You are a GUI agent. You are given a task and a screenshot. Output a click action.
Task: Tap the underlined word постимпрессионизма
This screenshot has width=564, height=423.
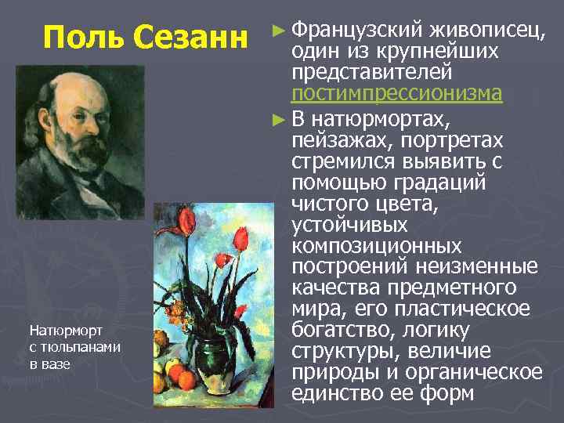396,93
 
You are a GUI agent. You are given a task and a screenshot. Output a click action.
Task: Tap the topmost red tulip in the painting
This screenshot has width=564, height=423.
186,219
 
